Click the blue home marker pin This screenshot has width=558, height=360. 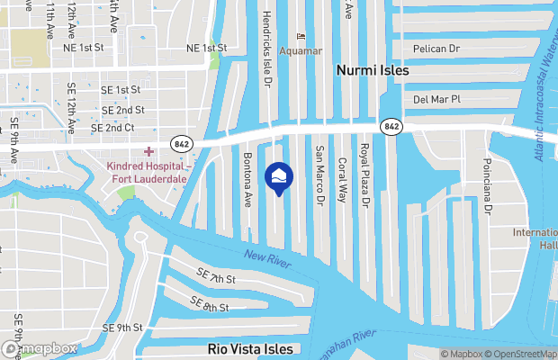point(278,176)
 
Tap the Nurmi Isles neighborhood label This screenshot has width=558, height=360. point(373,70)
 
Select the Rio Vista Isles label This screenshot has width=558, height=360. point(250,349)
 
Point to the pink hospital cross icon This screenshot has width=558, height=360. point(149,151)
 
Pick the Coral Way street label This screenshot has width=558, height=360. point(342,180)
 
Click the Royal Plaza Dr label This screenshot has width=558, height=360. point(365,175)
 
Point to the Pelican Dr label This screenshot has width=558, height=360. point(436,48)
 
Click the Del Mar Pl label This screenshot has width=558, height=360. point(436,99)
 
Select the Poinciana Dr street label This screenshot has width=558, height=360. point(489,184)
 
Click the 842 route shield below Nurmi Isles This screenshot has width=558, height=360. point(391,127)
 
